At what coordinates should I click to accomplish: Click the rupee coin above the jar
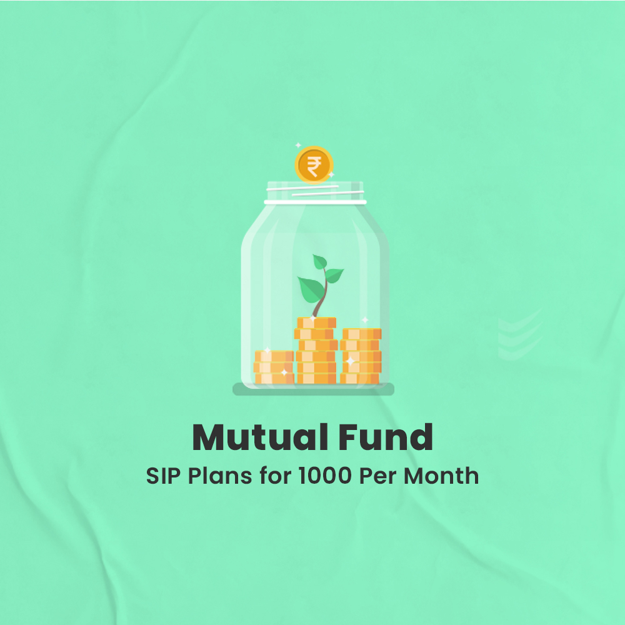coord(314,165)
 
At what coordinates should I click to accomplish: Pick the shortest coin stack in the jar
coord(274,367)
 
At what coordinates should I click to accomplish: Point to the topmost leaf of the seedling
coord(320,261)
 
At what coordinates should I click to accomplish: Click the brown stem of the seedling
coord(321,303)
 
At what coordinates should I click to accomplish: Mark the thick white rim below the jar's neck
coord(314,202)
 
